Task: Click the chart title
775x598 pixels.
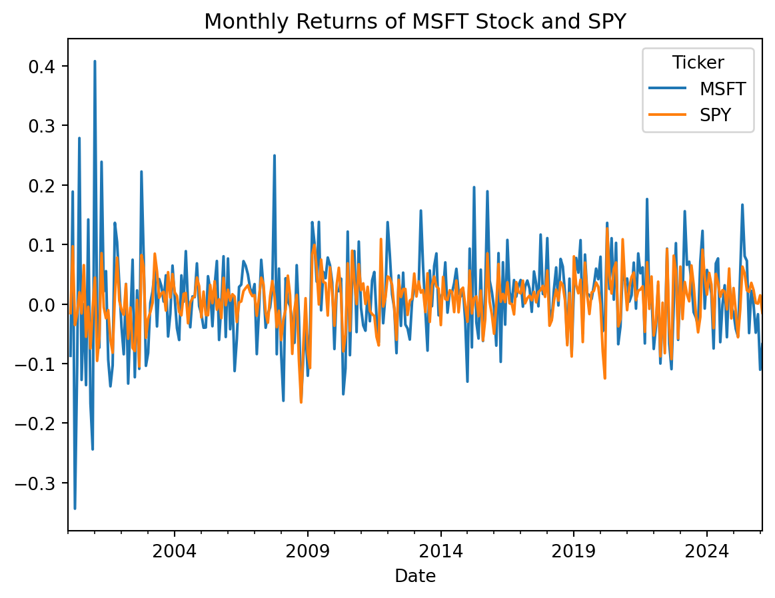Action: pos(414,22)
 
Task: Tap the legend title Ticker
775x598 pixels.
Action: pos(698,63)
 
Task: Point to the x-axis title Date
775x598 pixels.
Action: pos(414,576)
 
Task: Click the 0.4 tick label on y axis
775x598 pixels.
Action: pos(46,67)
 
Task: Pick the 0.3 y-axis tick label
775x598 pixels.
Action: pos(46,126)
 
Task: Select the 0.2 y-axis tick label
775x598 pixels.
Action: pos(46,185)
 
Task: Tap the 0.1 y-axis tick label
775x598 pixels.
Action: pos(46,245)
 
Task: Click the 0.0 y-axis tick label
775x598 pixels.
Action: pos(46,304)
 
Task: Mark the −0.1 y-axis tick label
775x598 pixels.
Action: pos(41,364)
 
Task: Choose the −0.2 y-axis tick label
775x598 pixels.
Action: pos(41,423)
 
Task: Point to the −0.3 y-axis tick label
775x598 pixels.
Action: pos(41,483)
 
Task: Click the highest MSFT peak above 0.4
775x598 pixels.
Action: pos(95,61)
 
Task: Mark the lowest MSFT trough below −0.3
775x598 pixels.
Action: pos(75,508)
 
